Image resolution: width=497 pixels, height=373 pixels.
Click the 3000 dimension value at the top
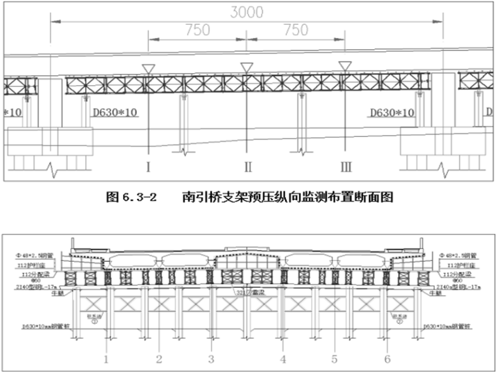(246, 12)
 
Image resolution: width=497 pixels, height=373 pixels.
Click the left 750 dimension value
(197, 30)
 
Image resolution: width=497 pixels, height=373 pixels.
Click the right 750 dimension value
(296, 30)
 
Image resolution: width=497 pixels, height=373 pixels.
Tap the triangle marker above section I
(148, 69)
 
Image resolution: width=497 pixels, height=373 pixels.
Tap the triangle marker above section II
(247, 67)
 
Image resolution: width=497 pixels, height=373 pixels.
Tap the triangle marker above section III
(345, 66)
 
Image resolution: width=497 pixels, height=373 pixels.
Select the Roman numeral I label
(148, 166)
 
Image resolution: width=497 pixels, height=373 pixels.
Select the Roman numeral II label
(248, 166)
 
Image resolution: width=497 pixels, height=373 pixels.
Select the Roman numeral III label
(347, 166)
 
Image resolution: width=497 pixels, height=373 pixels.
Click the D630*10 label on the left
(115, 113)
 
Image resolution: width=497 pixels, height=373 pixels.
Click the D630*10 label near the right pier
(392, 113)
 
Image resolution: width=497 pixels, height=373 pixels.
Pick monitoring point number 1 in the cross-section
(105, 359)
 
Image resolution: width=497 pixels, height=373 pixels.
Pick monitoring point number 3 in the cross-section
(211, 359)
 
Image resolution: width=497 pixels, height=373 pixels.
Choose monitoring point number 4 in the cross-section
(283, 359)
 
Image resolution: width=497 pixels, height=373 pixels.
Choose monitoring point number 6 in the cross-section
(388, 359)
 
